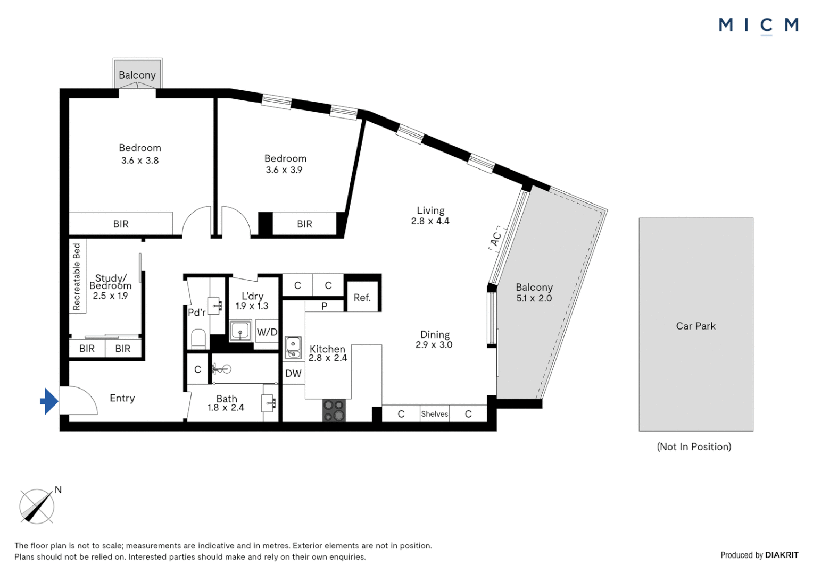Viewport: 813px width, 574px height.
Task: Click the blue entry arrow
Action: coord(49,401)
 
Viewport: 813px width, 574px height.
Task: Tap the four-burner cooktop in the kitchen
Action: coord(334,410)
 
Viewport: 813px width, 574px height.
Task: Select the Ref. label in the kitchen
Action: coord(362,298)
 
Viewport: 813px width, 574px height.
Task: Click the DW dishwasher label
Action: coord(293,373)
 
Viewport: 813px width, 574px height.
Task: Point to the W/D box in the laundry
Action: coord(267,332)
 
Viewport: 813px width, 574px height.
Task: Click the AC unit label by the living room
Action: coord(496,239)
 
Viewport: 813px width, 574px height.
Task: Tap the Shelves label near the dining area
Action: coord(435,413)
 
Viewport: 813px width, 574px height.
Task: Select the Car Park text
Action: coord(696,326)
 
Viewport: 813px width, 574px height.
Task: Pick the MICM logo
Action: coord(759,26)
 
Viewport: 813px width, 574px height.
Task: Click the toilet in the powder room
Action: coord(198,339)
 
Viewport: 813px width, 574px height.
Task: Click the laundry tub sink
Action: coord(240,331)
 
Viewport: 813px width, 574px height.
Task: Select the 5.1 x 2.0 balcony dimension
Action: coord(534,298)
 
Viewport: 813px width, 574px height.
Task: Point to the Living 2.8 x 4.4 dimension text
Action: coord(430,221)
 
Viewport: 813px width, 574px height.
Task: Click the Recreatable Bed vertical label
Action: coord(77,276)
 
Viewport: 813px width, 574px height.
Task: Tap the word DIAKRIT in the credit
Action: coord(782,555)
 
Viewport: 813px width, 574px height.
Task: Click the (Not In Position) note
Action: coord(694,447)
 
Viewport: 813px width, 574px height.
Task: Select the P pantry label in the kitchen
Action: coord(325,307)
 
